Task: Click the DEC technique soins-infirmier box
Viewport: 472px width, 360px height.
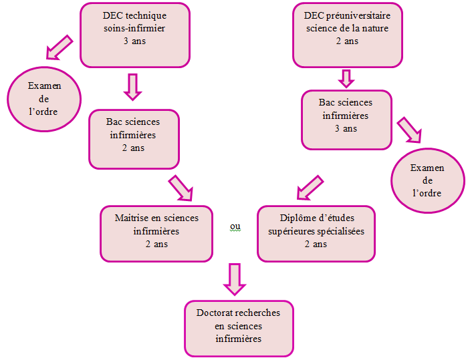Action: coord(135,35)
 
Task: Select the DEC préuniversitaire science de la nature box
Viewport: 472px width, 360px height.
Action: coord(348,35)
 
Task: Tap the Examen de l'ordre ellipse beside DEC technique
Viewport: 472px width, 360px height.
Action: coord(44,99)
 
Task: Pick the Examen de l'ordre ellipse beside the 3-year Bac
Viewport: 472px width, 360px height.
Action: coord(428,180)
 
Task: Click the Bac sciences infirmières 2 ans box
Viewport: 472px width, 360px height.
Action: coord(134,139)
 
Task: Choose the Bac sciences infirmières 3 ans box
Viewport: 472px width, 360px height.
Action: coord(346,120)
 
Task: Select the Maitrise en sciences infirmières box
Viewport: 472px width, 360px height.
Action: coord(156,234)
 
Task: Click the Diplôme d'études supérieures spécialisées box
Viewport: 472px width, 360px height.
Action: coord(316,234)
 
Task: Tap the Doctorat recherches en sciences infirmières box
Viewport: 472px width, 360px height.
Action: coord(239,329)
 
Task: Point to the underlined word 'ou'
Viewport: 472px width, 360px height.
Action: coord(235,226)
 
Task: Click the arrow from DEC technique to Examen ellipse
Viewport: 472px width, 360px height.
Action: coord(60,47)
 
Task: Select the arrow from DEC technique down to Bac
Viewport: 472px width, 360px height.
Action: coord(133,87)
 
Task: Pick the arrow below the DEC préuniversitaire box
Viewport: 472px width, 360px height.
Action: coord(346,79)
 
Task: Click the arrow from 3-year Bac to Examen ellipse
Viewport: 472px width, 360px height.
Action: coord(409,130)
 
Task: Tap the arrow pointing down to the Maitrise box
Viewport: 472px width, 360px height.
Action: coord(181,188)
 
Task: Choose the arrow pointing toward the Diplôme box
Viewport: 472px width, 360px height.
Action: coord(310,188)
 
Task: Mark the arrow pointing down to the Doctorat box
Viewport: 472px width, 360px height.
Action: coord(235,279)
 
